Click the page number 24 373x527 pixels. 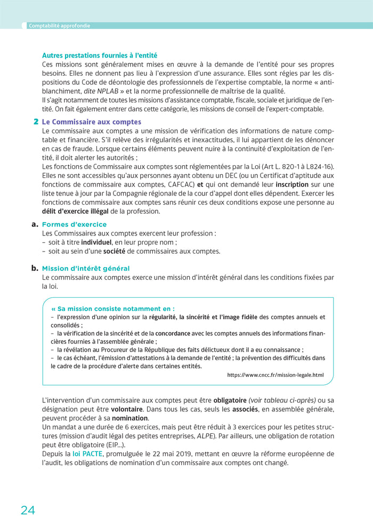28,510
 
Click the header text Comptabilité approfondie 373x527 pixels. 59,26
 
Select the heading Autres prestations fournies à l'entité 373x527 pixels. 100,55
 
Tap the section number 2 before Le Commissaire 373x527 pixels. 36,122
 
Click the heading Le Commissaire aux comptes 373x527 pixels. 92,122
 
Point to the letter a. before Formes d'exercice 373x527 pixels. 36,224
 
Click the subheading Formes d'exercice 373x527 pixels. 74,224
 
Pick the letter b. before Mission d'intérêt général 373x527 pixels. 36,268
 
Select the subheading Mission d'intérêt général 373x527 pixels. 86,269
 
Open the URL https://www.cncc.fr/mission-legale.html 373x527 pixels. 275,375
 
